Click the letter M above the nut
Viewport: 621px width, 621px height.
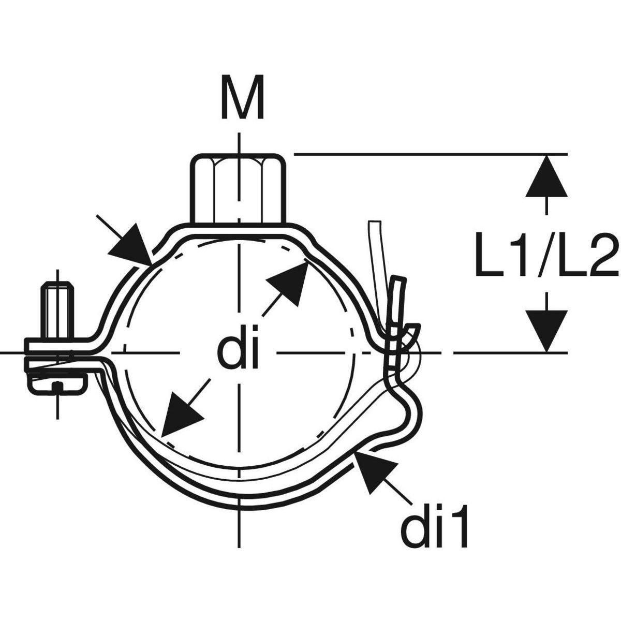243,97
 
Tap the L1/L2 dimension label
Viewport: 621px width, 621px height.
548,255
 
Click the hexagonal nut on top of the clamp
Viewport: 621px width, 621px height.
238,189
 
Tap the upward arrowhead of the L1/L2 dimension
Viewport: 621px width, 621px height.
546,175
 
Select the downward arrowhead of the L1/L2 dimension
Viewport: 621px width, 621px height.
546,331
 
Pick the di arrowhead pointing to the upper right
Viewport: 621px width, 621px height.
287,280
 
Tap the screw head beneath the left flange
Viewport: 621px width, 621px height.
57,383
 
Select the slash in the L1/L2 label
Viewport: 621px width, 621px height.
548,255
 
